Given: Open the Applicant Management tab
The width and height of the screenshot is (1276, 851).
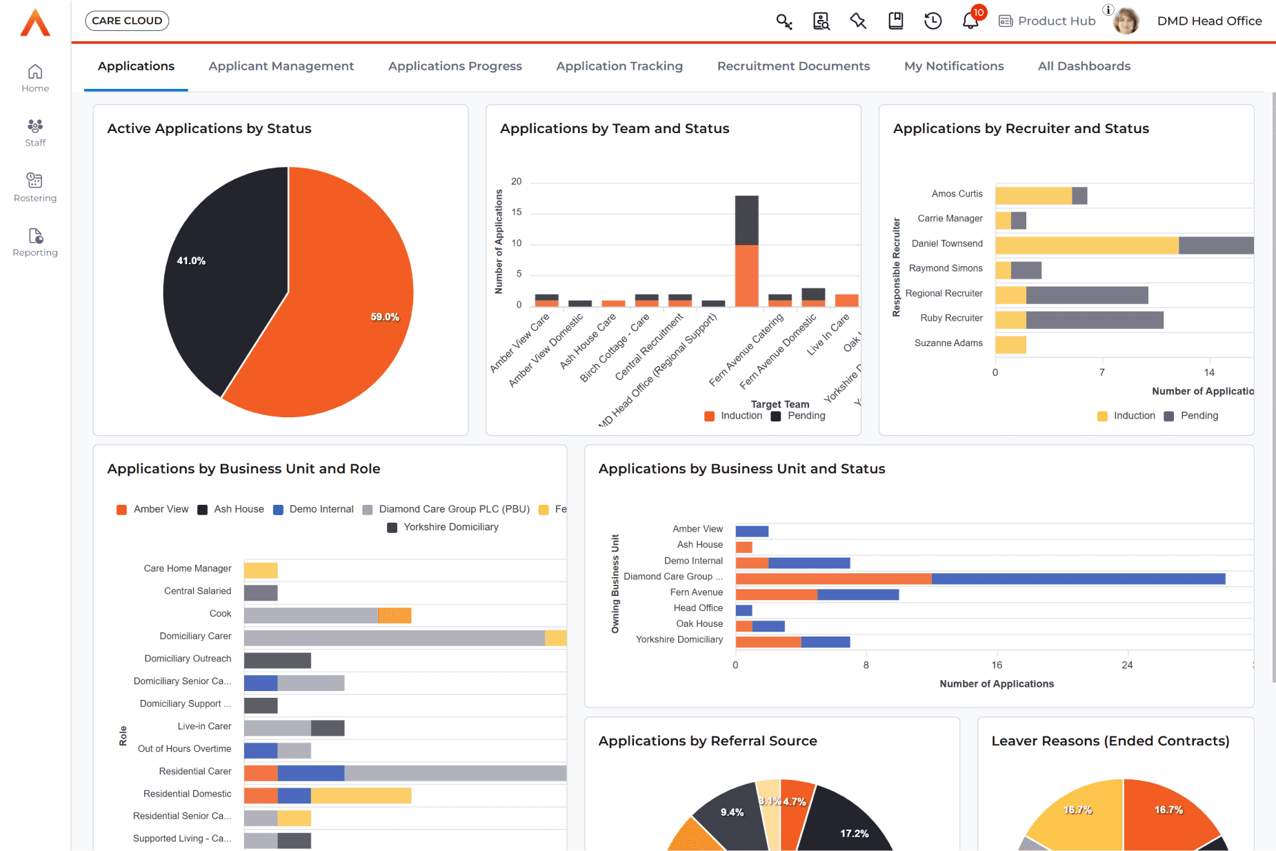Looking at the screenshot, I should (x=281, y=66).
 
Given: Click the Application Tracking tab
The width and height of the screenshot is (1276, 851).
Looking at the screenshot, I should (x=619, y=66).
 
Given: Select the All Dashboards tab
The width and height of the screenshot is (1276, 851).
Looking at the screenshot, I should (x=1084, y=66).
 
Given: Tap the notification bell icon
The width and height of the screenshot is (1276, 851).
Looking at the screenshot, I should (x=970, y=21).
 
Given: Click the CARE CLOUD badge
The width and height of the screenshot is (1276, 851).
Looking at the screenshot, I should (x=127, y=21).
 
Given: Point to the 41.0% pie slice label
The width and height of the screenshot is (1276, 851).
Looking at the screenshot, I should (x=191, y=261).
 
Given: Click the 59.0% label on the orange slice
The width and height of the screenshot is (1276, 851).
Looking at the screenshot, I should (x=384, y=317).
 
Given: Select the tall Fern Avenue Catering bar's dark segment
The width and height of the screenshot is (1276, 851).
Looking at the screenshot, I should (x=746, y=220).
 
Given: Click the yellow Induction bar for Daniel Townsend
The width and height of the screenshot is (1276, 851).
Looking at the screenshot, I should (x=1086, y=246).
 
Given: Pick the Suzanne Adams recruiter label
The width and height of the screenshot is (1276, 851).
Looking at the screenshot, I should (x=948, y=343).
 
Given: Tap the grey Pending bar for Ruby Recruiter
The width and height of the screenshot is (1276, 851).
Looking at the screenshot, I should (x=1094, y=320).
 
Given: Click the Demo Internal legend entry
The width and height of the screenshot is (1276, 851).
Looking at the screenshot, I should (x=321, y=509).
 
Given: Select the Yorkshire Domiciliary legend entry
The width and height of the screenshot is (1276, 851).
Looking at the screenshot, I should (x=450, y=527).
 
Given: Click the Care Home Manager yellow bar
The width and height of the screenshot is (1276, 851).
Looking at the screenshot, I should (x=261, y=570).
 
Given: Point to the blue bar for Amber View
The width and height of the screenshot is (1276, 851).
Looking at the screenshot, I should (x=752, y=531).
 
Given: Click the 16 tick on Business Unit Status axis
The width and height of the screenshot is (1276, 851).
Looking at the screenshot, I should (x=997, y=665).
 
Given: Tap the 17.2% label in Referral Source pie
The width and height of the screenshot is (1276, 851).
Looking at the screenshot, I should (x=854, y=833).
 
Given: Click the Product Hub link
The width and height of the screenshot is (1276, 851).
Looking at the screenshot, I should (x=1056, y=21).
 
